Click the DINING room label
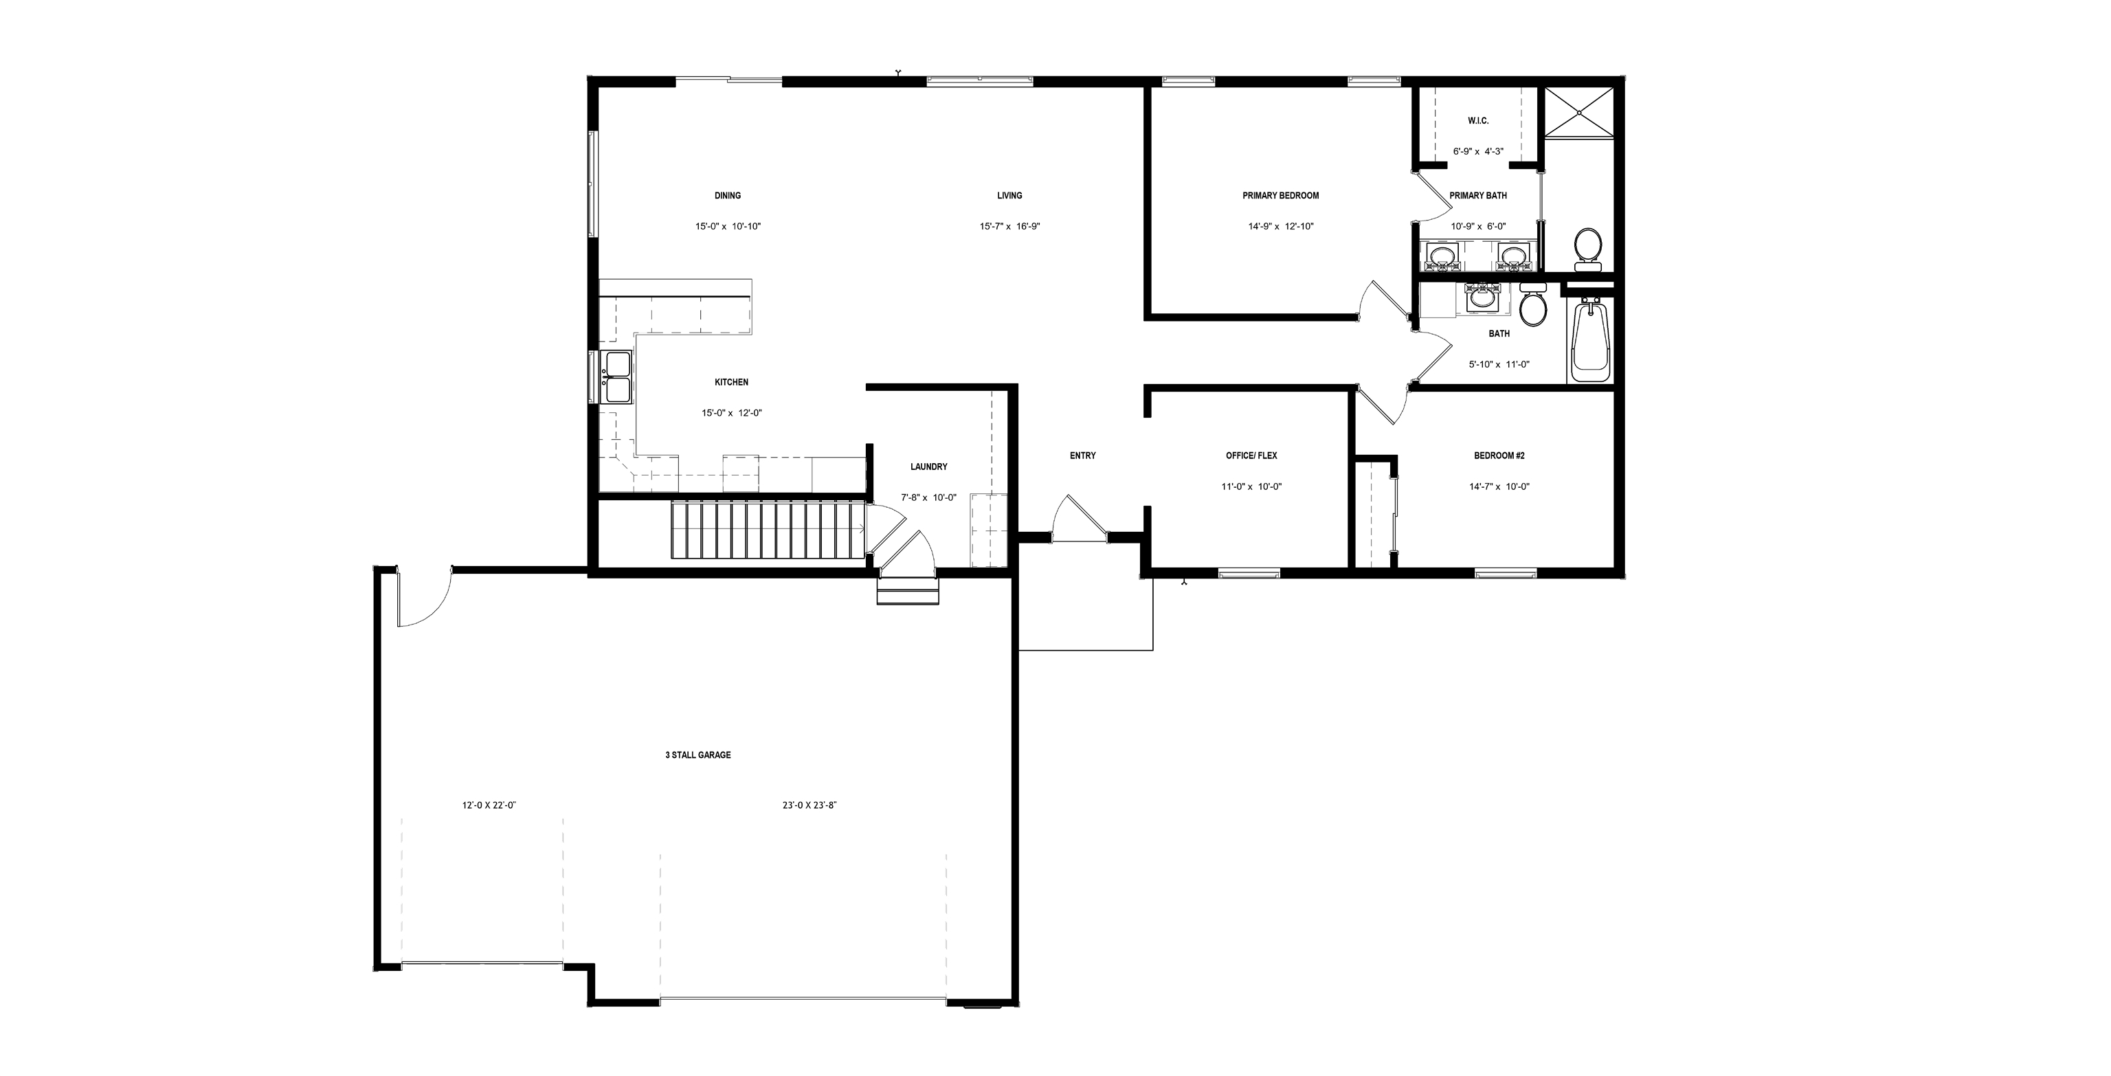coord(727,196)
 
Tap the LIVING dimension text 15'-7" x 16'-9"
coord(1009,227)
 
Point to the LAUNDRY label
coord(928,467)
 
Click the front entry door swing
coord(1077,519)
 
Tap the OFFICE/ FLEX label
coord(1251,456)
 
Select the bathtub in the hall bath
coord(1590,340)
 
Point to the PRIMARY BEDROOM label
coord(1280,196)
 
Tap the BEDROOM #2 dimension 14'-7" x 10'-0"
coord(1499,486)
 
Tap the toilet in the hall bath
coord(1532,306)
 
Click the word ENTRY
coord(1082,456)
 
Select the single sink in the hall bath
coord(1482,299)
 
